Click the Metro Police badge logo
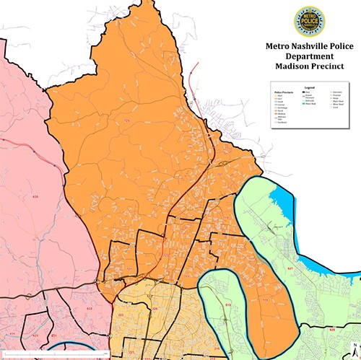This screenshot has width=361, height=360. [309, 22]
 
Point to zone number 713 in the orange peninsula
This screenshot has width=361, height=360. [264, 300]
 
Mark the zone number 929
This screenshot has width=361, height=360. [333, 329]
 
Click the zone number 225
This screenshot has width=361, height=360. [121, 315]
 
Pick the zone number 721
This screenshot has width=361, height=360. [130, 268]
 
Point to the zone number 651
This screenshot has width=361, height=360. [54, 336]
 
